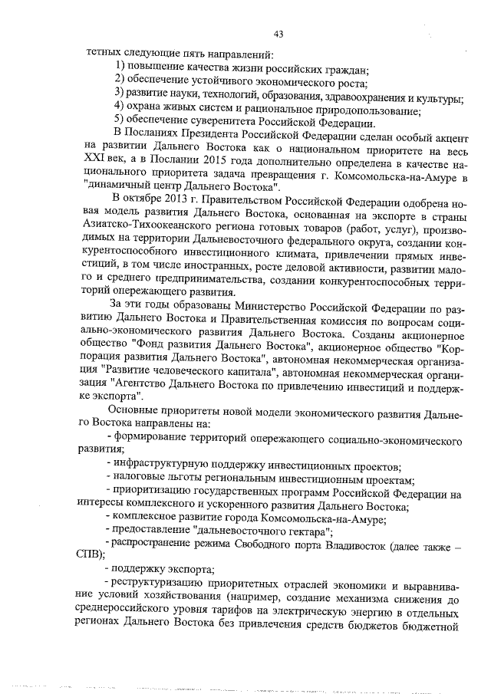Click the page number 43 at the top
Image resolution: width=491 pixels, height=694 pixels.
[x=278, y=33]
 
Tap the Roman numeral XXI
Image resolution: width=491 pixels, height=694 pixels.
[x=96, y=163]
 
